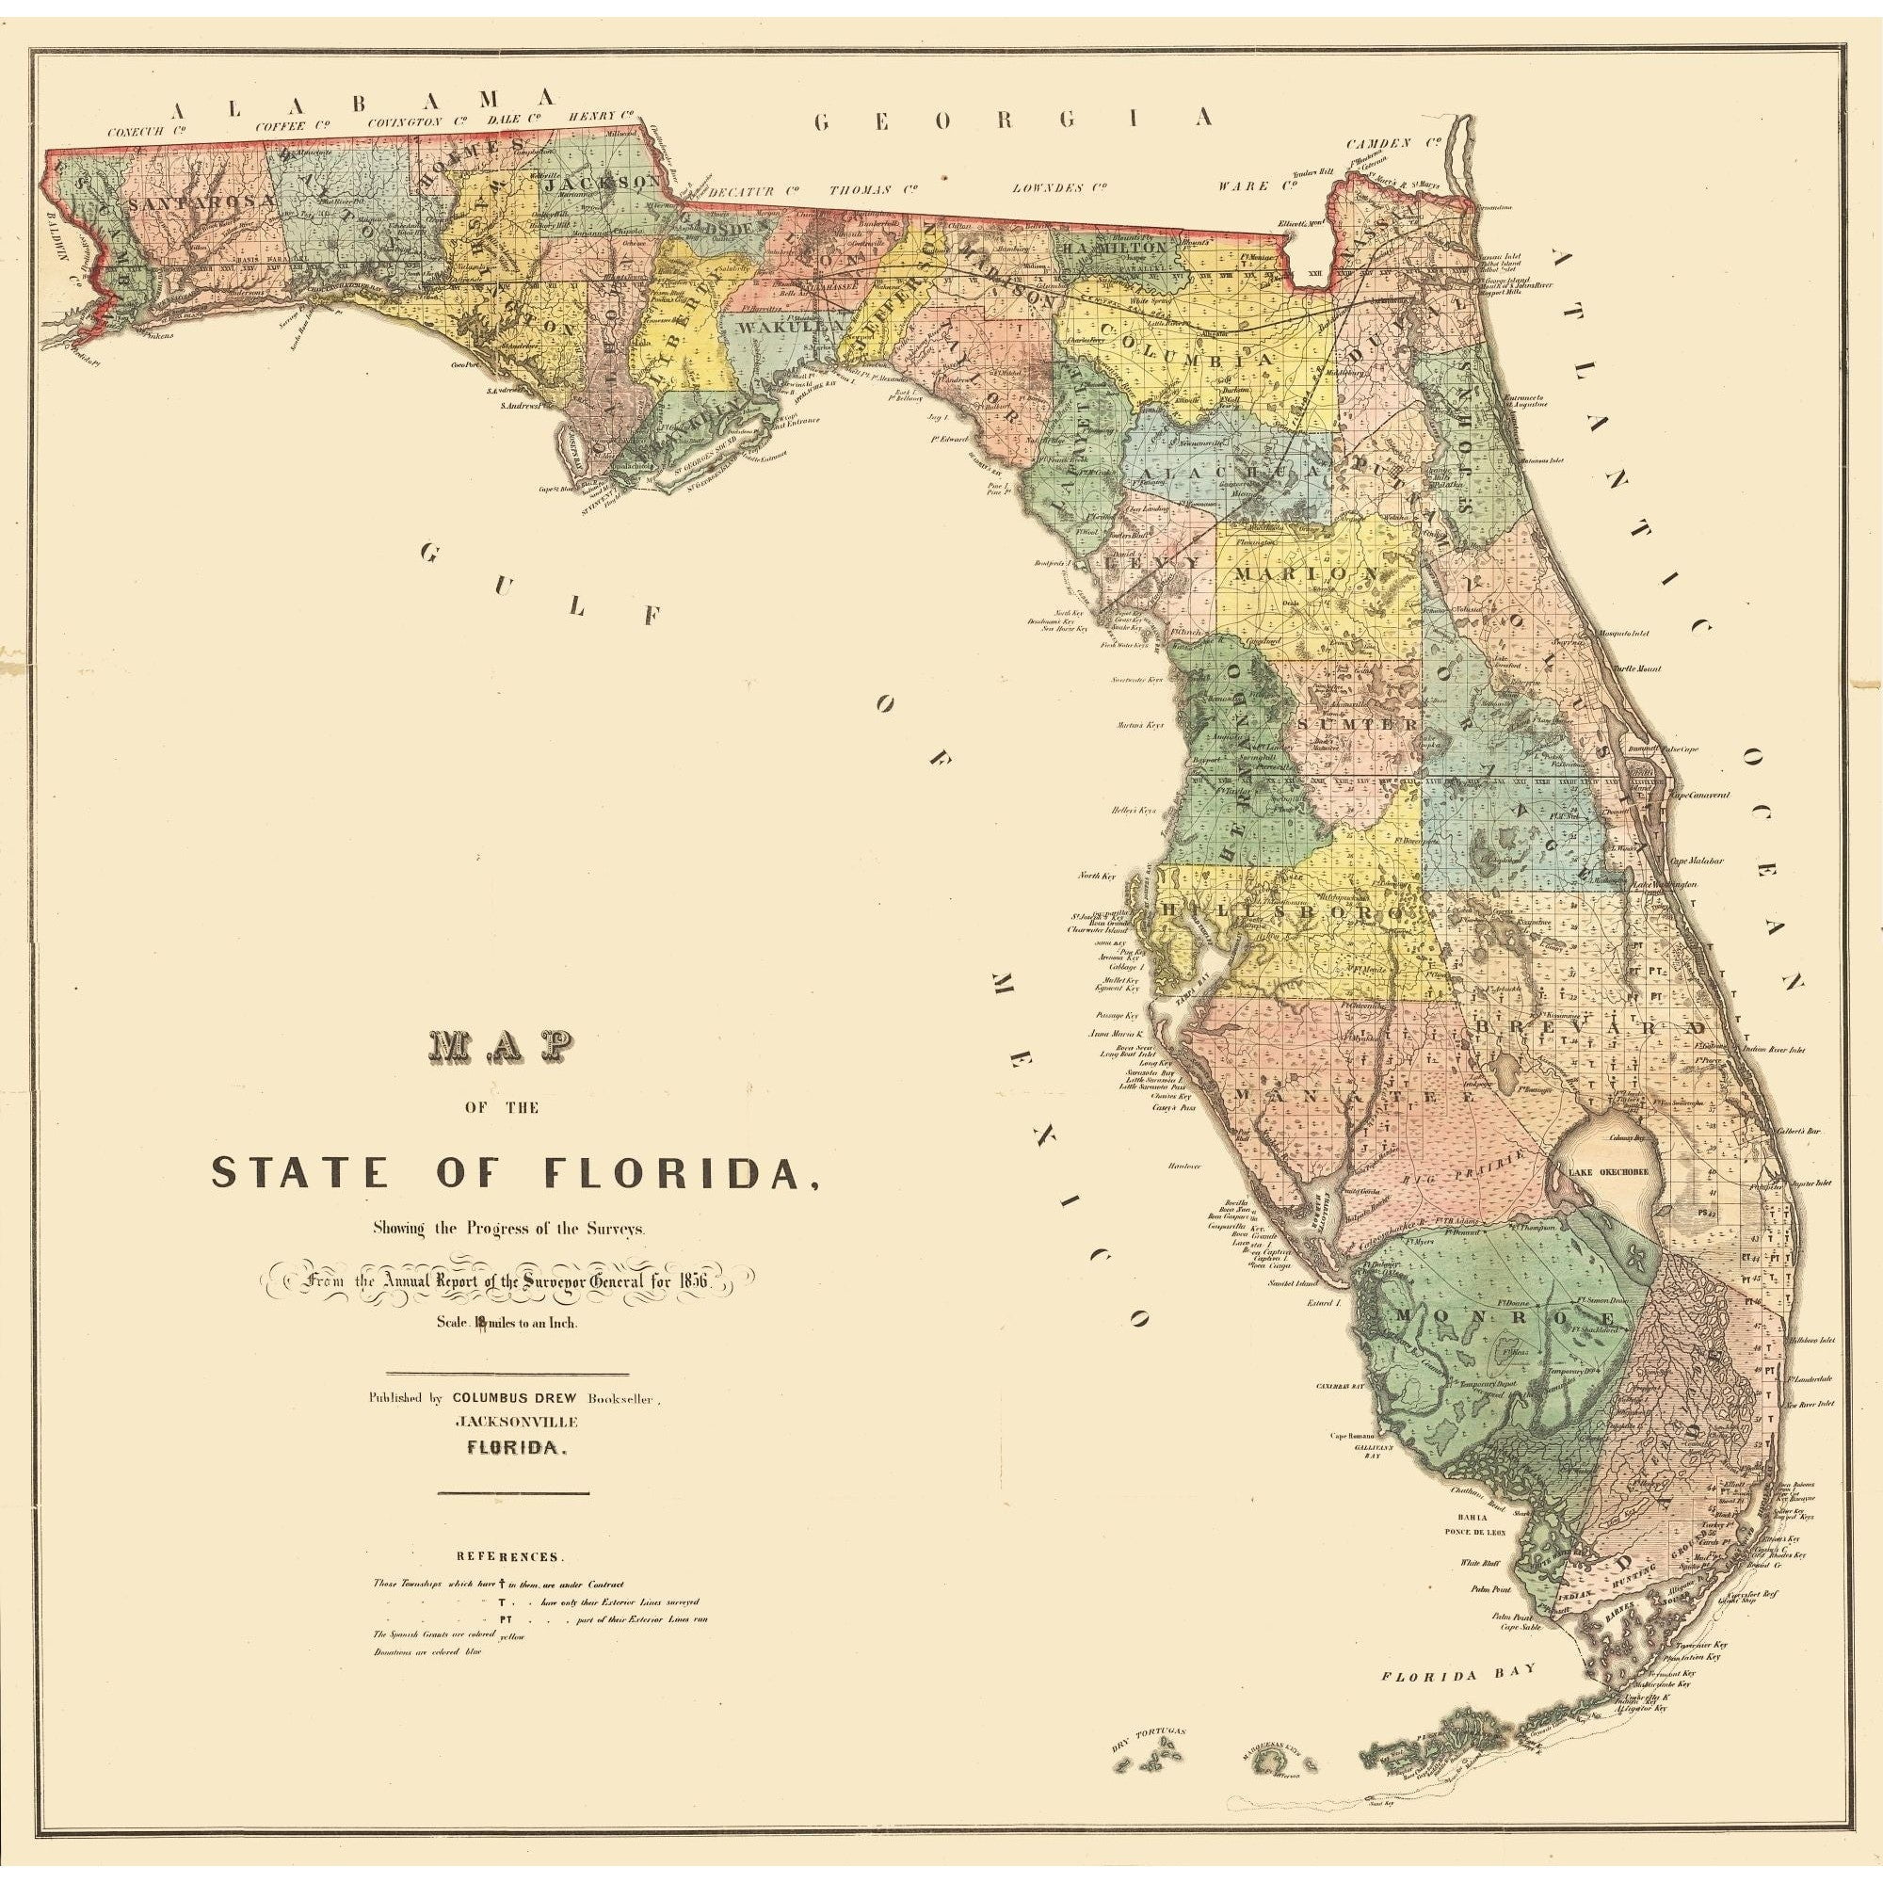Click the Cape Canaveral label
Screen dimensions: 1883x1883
coord(1700,795)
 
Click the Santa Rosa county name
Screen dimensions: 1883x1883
coord(202,201)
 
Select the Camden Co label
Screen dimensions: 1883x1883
coord(1392,143)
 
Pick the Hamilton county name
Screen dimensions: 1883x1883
coord(1115,249)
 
